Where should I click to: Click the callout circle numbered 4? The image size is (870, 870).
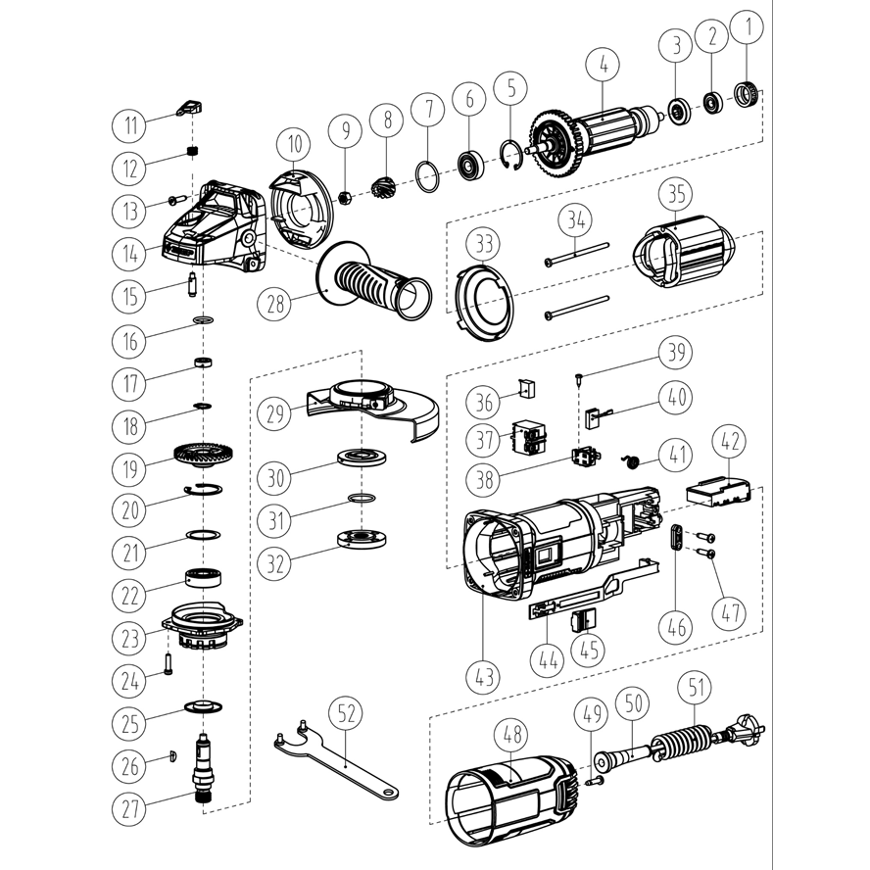[604, 67]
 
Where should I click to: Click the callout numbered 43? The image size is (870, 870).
[484, 675]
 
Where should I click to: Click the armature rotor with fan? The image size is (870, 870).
[593, 135]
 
